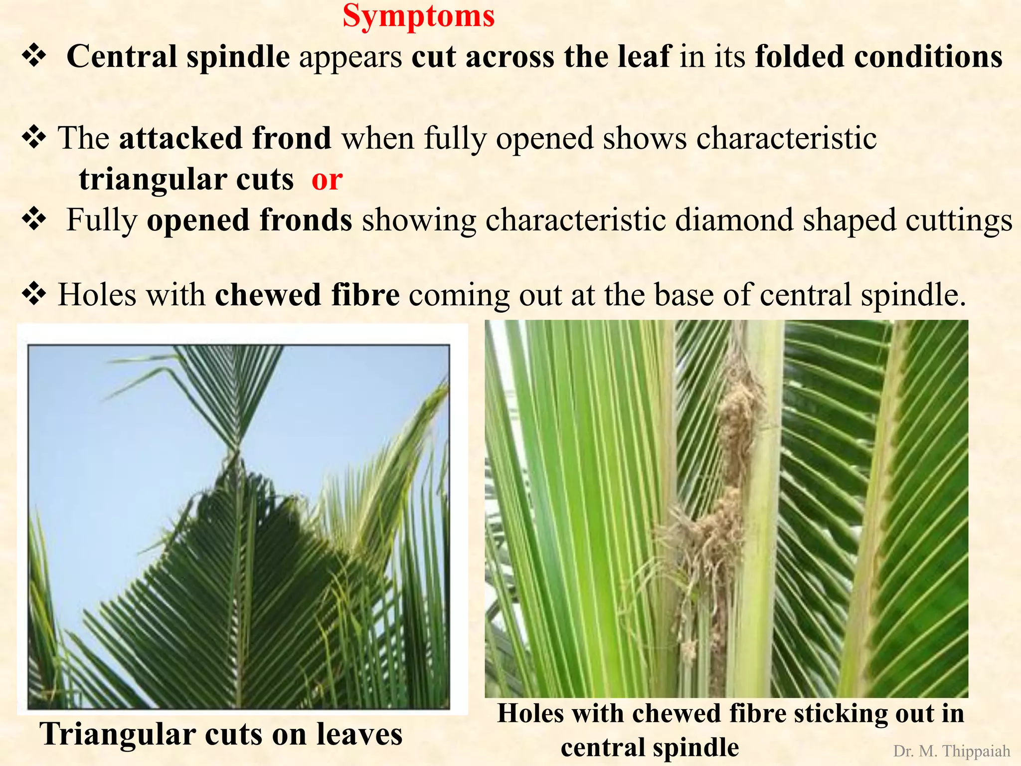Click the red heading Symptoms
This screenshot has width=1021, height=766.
tap(418, 16)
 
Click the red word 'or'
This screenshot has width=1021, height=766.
tap(327, 180)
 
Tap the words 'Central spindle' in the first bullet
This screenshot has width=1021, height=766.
tap(178, 56)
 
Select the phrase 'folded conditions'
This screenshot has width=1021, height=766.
tap(878, 56)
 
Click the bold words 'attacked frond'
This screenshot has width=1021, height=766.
tap(225, 138)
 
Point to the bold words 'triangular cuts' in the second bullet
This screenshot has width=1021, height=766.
tap(186, 180)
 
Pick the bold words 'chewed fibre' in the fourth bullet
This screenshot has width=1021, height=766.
tap(307, 295)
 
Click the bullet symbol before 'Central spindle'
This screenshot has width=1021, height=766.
tap(34, 56)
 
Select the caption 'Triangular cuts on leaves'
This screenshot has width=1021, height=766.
tap(221, 734)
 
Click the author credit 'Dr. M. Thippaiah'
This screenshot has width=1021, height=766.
tap(951, 751)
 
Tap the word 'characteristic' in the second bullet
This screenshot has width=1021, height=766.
tap(786, 138)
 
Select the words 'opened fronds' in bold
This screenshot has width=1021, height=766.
tap(249, 220)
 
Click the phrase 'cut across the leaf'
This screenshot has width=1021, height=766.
tap(541, 56)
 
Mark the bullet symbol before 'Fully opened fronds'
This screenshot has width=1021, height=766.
tap(34, 219)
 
